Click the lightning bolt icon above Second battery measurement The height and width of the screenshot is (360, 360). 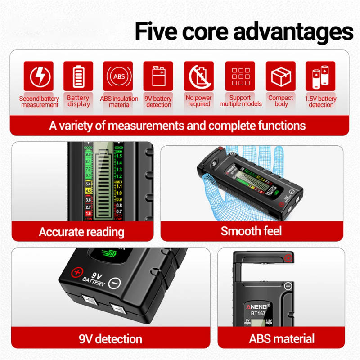point(38,77)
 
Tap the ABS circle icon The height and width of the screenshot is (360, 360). point(119,77)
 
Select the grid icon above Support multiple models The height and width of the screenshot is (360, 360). point(240,77)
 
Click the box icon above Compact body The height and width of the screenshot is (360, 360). point(280,77)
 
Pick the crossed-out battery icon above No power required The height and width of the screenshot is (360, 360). point(198,77)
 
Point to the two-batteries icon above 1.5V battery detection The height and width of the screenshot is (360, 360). point(320,77)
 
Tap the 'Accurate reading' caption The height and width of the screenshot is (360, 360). point(81,232)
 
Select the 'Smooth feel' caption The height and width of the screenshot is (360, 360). point(251,231)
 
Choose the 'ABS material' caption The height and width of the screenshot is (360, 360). point(282,338)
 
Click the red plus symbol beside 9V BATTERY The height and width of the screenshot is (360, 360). point(77,273)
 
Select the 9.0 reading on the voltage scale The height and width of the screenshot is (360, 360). point(88,154)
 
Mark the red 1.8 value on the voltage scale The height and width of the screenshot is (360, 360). point(88,213)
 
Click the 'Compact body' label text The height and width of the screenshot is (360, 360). point(280,101)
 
